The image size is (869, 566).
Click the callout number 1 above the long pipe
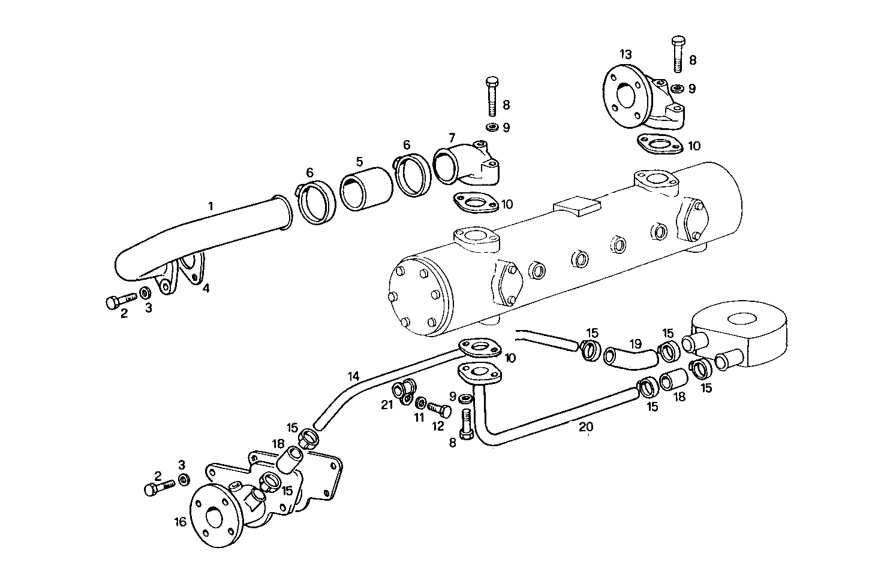point(211,206)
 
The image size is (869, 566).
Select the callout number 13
point(626,55)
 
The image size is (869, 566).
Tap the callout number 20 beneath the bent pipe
point(586,426)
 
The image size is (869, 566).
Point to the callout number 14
point(354,377)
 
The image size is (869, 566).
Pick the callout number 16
point(181,522)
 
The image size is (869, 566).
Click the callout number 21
point(387,405)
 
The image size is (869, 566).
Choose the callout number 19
point(636,344)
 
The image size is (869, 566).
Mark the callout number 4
point(206,288)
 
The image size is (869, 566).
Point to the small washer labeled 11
point(422,402)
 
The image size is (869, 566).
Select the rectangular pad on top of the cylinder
point(578,207)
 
